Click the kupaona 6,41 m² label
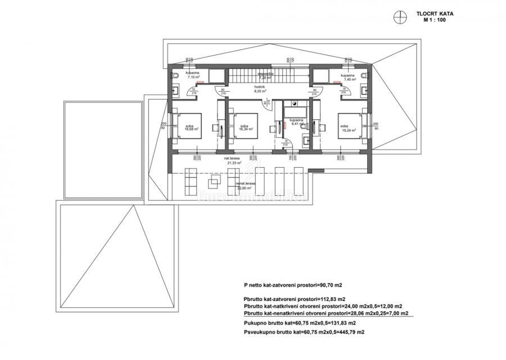(x=296, y=124)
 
